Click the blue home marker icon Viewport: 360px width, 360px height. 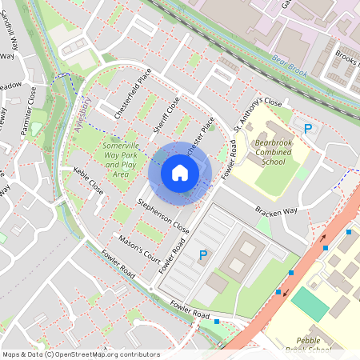pos(180,172)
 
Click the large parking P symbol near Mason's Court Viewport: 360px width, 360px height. pos(203,255)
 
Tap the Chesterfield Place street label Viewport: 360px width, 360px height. pos(132,94)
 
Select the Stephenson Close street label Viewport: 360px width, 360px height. pos(162,214)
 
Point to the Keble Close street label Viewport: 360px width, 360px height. pos(88,182)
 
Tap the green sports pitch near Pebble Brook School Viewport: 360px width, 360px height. pos(309,304)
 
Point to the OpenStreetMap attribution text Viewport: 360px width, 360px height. pos(81,354)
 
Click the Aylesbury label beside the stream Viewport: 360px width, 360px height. pos(79,115)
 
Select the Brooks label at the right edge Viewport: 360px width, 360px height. pos(347,58)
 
